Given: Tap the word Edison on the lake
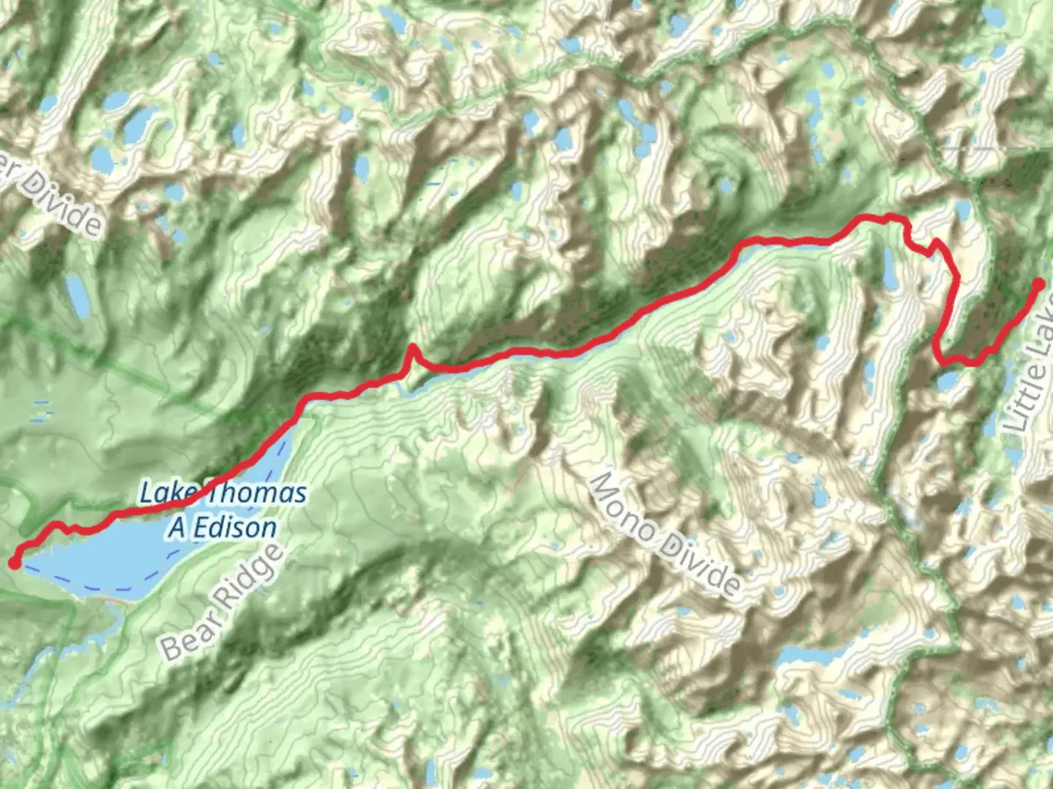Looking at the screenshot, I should coord(232,527).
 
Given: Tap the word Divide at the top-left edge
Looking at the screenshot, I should coord(67,202).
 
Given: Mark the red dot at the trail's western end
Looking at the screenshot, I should coord(14,563).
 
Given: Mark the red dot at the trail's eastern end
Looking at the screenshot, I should coord(1038,284).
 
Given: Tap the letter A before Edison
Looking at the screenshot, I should coord(177,527).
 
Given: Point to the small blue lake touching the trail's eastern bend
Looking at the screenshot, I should coord(948,379).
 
